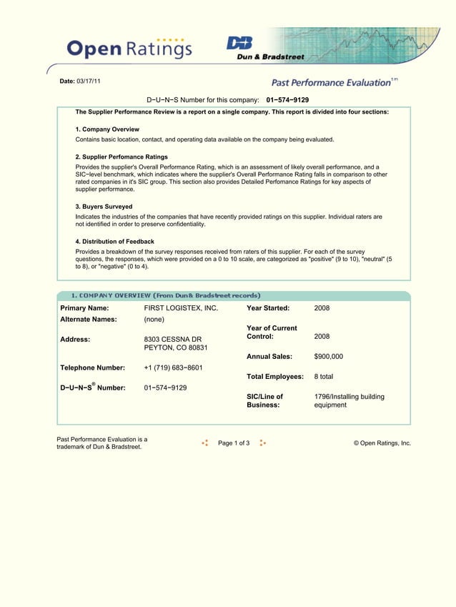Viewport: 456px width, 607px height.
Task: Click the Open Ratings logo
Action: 129,48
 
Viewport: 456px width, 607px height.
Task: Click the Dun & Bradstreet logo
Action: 265,48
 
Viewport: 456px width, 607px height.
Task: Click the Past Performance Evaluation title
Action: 332,83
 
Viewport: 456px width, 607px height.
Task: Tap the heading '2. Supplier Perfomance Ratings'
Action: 122,157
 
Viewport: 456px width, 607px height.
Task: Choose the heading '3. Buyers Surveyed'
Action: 104,207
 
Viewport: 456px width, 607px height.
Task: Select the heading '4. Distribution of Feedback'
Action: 114,242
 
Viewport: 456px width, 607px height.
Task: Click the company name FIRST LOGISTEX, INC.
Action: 181,308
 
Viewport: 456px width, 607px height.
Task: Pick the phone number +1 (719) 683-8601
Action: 173,367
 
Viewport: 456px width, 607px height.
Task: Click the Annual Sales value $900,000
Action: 328,356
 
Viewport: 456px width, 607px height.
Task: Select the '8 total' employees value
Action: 324,376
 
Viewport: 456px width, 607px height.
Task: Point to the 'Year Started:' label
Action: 268,308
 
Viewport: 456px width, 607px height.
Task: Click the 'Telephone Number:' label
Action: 93,367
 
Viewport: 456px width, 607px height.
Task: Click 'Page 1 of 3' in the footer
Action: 234,443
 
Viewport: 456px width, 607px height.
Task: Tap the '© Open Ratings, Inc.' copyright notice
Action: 382,443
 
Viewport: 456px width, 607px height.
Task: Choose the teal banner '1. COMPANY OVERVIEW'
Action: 165,295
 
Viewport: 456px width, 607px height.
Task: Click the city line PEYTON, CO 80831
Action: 176,347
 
